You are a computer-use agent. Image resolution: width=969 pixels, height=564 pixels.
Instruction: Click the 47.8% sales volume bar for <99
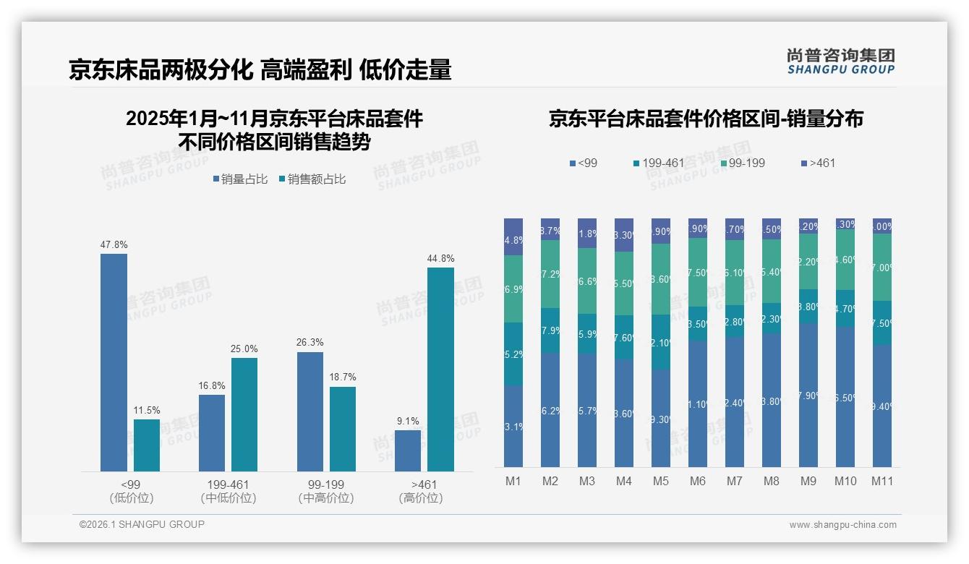114,362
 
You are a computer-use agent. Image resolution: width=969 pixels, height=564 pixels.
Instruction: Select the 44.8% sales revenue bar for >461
440,369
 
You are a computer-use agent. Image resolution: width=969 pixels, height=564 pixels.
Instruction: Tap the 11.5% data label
147,411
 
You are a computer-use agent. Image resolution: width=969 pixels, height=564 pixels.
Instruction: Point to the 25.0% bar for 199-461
244,414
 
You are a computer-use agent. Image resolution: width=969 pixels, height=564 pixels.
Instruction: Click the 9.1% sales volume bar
408,450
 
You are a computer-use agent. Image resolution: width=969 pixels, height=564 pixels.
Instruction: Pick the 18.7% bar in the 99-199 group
343,429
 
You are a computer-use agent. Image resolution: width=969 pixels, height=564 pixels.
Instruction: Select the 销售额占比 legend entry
312,179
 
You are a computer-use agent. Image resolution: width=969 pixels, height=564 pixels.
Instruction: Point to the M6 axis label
698,481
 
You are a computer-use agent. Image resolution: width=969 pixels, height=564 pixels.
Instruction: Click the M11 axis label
882,481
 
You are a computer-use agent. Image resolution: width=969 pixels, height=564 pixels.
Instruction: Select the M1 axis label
513,481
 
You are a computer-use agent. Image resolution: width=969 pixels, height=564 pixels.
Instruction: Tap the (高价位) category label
420,498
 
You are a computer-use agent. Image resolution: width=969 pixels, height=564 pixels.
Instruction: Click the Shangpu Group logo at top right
840,61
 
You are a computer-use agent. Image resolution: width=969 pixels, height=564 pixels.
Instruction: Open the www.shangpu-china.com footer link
842,525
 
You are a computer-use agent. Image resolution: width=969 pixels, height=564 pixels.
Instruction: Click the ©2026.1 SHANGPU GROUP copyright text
142,524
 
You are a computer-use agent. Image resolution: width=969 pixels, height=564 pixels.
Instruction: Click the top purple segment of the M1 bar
513,236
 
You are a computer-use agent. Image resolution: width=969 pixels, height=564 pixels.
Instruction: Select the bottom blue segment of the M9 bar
808,395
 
